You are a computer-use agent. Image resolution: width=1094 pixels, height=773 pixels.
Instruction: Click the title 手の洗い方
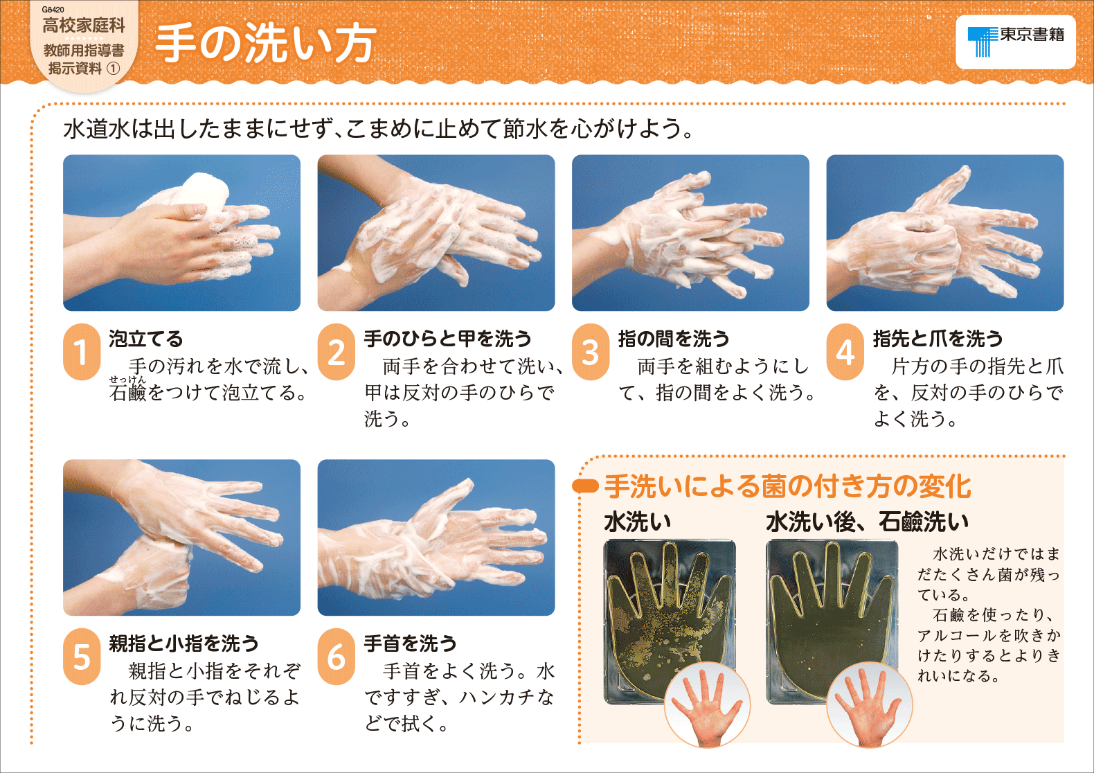(x=266, y=43)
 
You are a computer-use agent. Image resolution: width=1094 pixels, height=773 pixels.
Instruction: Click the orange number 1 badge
(x=82, y=352)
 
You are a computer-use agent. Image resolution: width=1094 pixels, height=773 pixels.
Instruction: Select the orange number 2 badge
(x=336, y=352)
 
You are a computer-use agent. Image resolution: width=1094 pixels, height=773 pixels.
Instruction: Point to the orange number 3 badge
(x=591, y=352)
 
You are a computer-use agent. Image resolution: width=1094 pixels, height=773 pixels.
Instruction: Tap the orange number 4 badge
(x=845, y=352)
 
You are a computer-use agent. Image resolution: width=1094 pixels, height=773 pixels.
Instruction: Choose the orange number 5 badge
(x=82, y=656)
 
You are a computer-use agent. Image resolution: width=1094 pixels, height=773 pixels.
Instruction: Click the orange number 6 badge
(x=336, y=656)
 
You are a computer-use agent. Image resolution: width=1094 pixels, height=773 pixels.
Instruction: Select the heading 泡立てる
(x=146, y=339)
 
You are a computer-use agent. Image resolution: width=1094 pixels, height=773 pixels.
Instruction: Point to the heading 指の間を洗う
(x=674, y=339)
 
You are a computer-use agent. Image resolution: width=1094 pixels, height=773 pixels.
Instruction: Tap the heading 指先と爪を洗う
(x=938, y=339)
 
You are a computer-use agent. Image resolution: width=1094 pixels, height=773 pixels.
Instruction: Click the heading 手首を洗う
(x=410, y=643)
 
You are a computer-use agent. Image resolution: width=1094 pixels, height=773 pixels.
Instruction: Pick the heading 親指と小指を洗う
(x=183, y=643)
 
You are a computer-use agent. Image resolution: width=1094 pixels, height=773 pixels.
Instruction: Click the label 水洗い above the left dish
(x=637, y=522)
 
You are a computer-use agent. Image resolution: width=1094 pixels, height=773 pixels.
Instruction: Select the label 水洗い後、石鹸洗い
(x=868, y=522)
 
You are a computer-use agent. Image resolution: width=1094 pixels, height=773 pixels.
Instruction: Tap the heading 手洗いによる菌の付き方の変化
(x=787, y=486)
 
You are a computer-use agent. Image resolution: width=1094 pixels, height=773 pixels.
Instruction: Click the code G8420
(x=53, y=9)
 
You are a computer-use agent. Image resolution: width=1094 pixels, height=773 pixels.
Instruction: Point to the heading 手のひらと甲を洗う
(x=447, y=339)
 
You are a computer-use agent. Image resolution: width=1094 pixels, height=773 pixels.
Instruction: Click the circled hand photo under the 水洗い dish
(x=707, y=704)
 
